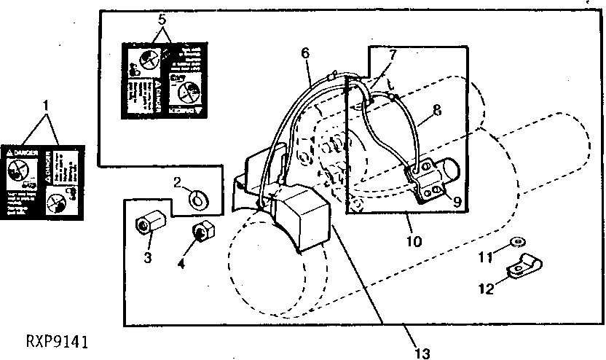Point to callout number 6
[x=304, y=53]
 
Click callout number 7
[x=393, y=55]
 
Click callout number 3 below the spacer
[x=147, y=257]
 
